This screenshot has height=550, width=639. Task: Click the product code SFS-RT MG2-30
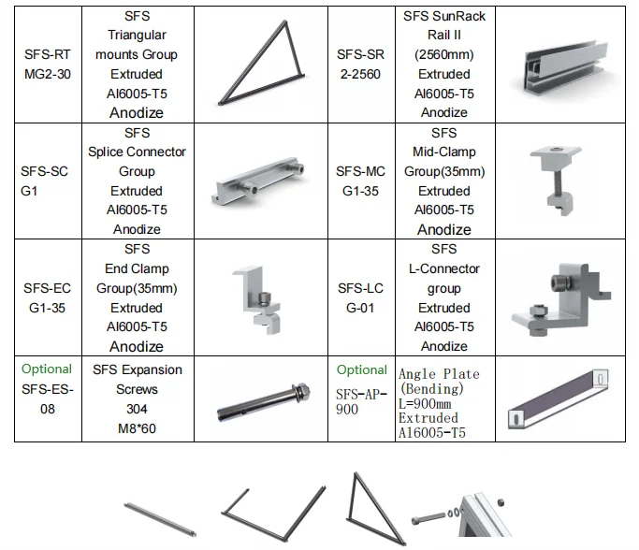point(47,64)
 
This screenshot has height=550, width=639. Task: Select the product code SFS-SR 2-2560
point(360,64)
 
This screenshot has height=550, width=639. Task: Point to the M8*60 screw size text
point(137,428)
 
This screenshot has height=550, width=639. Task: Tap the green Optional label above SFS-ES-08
point(47,369)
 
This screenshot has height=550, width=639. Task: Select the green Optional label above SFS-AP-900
point(361,369)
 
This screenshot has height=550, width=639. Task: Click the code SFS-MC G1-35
point(361,181)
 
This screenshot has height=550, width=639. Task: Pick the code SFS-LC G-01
point(361,297)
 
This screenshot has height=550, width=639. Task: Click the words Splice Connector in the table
point(137,152)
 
